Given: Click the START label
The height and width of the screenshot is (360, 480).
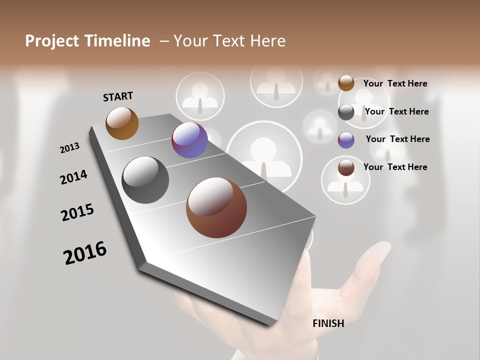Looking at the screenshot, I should pyautogui.click(x=118, y=96).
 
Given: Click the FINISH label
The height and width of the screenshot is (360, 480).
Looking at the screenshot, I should pyautogui.click(x=328, y=323).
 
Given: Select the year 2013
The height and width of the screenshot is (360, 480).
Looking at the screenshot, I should pyautogui.click(x=70, y=147).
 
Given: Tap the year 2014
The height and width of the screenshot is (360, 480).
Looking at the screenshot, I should pyautogui.click(x=74, y=177).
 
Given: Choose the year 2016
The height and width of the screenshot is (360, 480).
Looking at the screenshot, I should pyautogui.click(x=85, y=253).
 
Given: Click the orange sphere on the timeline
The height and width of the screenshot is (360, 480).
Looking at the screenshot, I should pyautogui.click(x=122, y=123).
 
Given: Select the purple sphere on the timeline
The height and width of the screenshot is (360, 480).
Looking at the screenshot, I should pyautogui.click(x=189, y=140).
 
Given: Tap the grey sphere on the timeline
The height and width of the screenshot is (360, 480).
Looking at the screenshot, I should pyautogui.click(x=145, y=180).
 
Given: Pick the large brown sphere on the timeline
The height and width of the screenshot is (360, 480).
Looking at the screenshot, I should pyautogui.click(x=216, y=207).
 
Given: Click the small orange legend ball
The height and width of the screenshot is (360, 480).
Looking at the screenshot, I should pyautogui.click(x=346, y=83).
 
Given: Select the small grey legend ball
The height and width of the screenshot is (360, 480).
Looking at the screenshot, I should pyautogui.click(x=346, y=112).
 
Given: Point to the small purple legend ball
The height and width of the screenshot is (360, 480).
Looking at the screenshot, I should pyautogui.click(x=346, y=140).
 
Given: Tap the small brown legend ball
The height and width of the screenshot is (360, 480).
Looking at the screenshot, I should pyautogui.click(x=346, y=167).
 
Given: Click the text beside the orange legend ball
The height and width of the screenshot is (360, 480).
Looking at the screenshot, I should pyautogui.click(x=395, y=83).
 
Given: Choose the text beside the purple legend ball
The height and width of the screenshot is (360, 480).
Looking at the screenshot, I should pyautogui.click(x=397, y=139).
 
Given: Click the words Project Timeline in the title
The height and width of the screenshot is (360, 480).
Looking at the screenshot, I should pyautogui.click(x=87, y=41).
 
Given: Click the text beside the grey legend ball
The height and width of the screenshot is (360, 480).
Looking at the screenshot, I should pyautogui.click(x=396, y=111).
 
